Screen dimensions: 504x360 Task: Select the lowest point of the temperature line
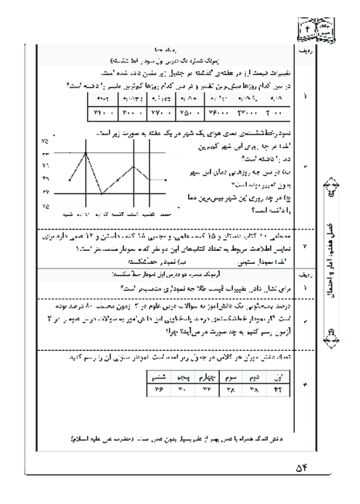tap(102, 194)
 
